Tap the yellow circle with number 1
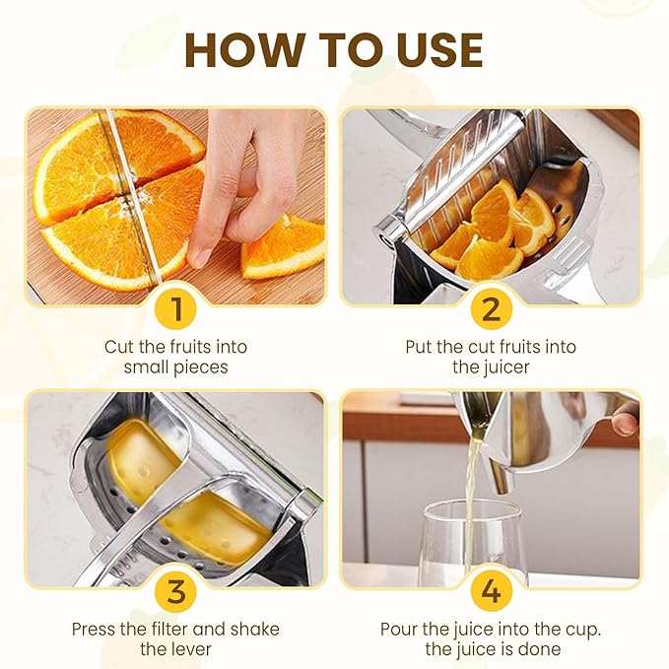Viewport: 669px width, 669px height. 176,308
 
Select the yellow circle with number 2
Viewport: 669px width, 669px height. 491,308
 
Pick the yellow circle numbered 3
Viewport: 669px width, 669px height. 176,592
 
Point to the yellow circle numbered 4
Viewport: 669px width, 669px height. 491,592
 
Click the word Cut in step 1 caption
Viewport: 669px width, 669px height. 119,347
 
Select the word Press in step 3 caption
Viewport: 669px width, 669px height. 94,630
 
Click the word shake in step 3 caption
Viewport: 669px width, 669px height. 255,630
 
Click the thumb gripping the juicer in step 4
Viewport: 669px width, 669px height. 625,422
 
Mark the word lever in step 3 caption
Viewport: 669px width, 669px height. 192,649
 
